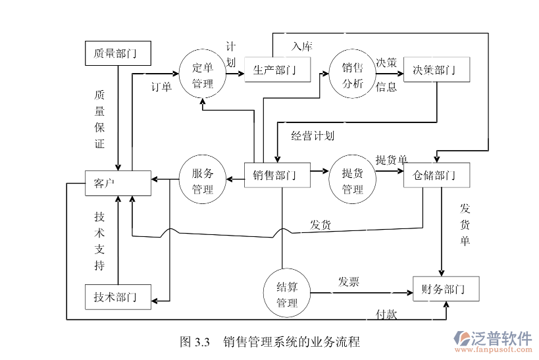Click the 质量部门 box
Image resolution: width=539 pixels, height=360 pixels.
(118, 53)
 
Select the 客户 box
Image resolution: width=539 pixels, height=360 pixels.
(118, 184)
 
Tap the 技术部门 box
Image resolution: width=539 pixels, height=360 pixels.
(118, 297)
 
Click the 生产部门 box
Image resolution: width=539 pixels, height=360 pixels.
(277, 70)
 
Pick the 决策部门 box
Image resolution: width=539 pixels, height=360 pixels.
(436, 70)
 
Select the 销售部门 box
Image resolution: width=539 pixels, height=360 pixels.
(277, 175)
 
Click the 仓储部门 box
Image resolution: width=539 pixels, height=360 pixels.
(436, 175)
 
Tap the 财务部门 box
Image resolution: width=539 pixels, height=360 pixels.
(445, 289)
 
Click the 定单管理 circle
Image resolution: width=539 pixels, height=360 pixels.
(203, 75)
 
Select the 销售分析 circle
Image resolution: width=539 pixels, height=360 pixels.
(352, 75)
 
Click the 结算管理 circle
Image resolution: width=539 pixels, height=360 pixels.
(287, 294)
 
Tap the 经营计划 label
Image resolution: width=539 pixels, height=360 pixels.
(313, 136)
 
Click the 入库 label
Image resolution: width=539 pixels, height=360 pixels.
(302, 47)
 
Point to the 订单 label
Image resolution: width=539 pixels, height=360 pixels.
(161, 87)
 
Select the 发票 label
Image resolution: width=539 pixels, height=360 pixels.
(348, 282)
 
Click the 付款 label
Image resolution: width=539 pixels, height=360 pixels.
(386, 314)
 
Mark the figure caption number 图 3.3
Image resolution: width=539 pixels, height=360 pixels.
(194, 342)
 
